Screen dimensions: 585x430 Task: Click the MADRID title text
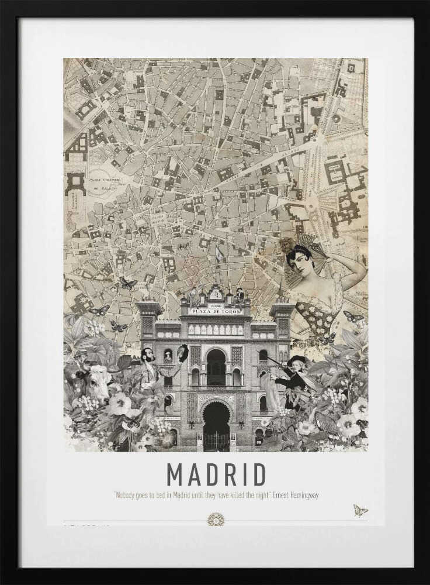click(216, 474)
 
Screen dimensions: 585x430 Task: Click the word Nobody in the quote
click(123, 495)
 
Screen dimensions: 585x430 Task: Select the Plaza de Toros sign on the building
click(216, 311)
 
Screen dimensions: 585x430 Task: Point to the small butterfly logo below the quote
click(360, 510)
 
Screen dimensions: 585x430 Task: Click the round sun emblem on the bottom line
click(216, 519)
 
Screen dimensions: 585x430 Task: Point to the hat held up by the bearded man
click(182, 352)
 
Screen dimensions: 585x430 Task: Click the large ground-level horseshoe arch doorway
click(216, 424)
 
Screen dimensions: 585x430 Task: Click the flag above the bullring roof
click(219, 253)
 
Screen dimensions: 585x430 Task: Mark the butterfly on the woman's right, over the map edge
click(352, 317)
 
